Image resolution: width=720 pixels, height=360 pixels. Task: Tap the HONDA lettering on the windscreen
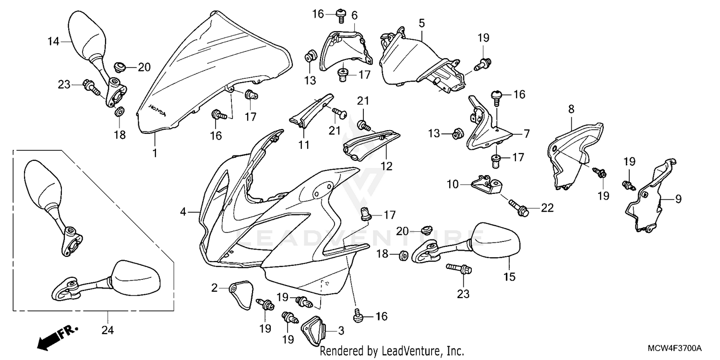point(157,110)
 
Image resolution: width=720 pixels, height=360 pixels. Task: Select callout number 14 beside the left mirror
point(53,42)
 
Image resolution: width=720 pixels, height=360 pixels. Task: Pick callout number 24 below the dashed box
point(108,330)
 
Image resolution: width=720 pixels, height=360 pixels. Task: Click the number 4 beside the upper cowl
point(183,211)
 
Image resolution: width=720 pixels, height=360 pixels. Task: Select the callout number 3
point(341,330)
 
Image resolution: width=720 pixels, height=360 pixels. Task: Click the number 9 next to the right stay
point(678,198)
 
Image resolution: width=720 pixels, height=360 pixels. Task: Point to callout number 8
point(571,109)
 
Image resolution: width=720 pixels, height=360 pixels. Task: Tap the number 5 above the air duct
point(421,23)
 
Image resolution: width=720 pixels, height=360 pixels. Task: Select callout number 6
point(354,15)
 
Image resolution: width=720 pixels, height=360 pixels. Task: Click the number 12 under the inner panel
point(386,167)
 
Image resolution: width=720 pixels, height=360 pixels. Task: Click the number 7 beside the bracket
point(527,134)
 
